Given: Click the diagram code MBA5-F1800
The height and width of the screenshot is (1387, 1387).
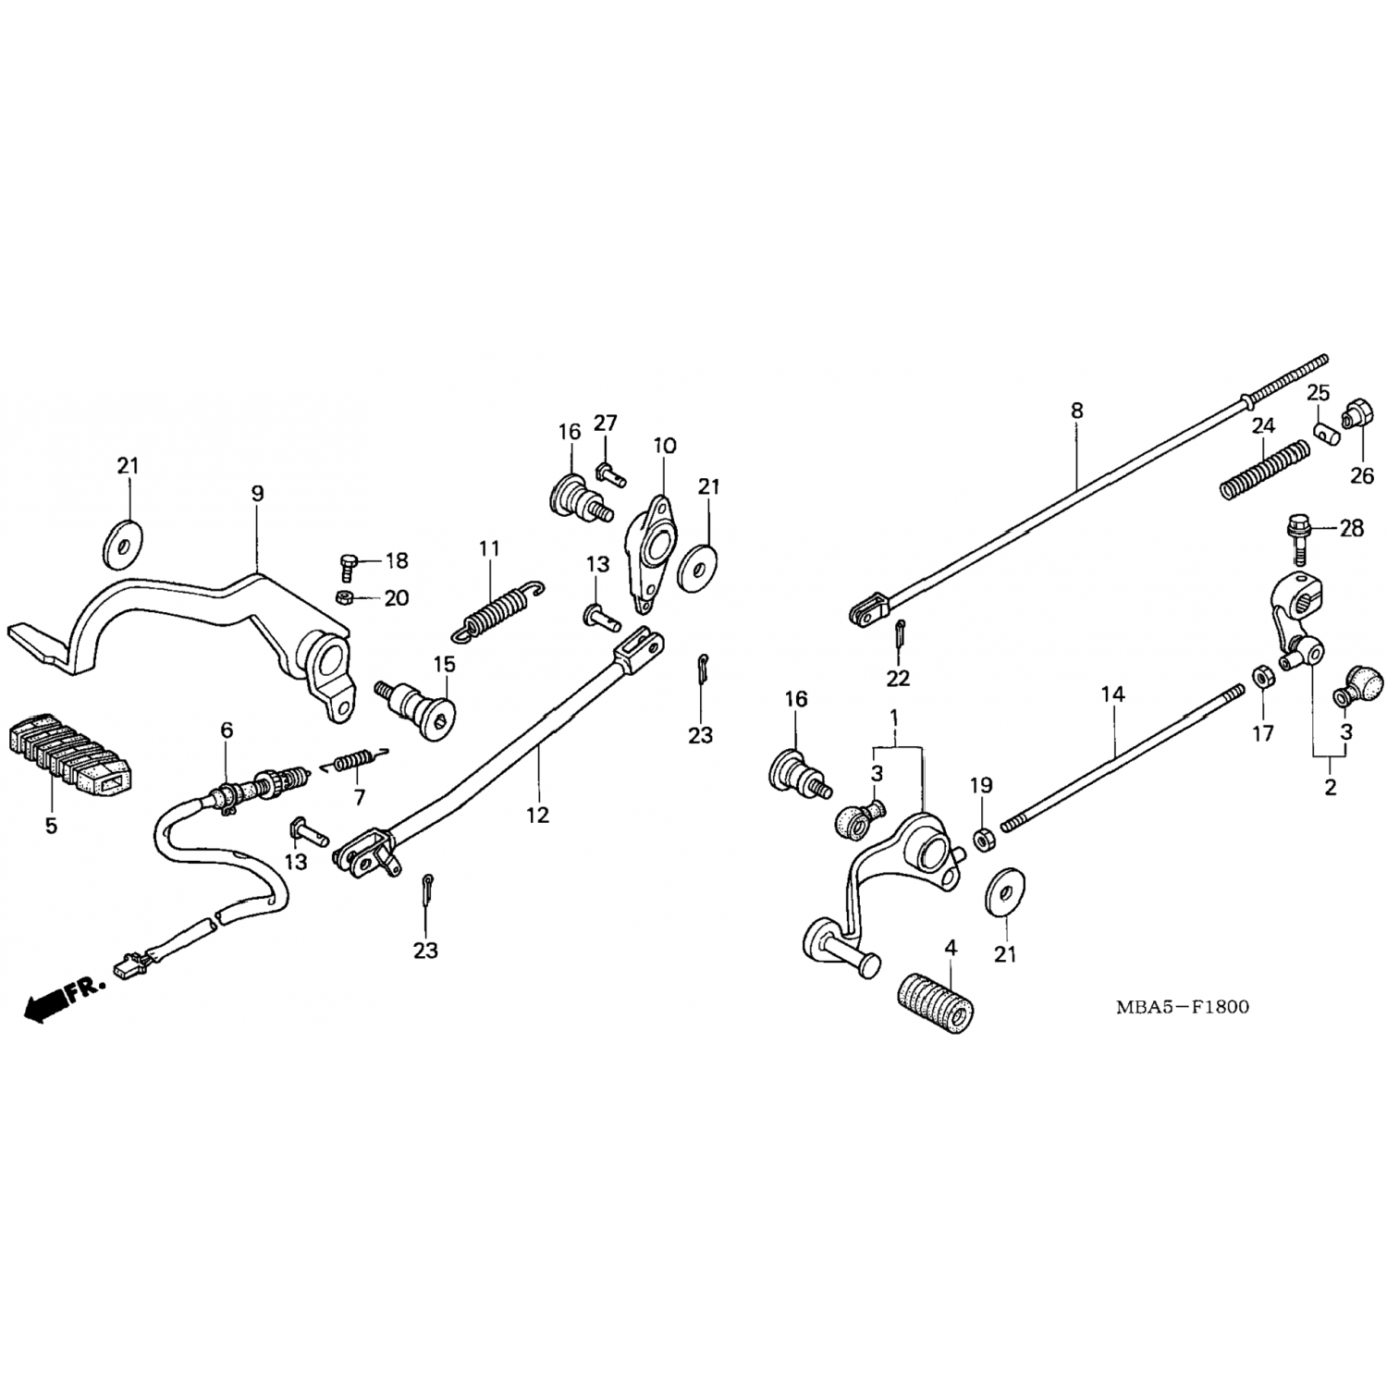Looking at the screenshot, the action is coord(1182,1006).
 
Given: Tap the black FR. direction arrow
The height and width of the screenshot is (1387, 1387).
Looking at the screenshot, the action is coord(48,1002).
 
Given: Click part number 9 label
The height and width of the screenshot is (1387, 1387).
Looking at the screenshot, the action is coord(257,494).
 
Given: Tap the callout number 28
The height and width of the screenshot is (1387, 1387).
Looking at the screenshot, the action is coord(1352,529).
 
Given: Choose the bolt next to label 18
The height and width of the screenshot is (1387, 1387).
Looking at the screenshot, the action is coord(349,565).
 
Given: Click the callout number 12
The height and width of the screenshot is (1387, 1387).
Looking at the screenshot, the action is coord(537,814).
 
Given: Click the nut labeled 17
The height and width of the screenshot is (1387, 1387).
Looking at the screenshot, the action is coord(1259,676).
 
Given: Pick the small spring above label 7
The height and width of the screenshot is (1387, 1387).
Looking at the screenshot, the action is coord(356,761).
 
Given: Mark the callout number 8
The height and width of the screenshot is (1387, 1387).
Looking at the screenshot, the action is coord(1076,411).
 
